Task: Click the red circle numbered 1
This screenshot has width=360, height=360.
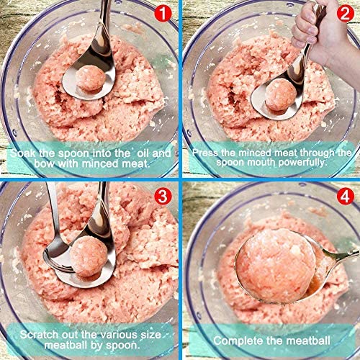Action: coord(163,13)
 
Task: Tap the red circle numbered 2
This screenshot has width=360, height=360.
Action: coord(345,13)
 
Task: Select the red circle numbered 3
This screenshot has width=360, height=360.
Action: coord(163,196)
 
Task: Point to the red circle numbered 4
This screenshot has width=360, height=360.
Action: coord(345,196)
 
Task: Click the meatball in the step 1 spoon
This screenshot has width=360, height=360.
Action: coord(90,78)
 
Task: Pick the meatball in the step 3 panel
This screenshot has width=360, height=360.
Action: coord(89,256)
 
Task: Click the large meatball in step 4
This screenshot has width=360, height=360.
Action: coord(276,266)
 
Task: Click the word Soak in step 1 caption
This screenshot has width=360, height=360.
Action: coord(23,153)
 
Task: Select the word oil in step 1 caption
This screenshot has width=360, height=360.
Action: coord(143,153)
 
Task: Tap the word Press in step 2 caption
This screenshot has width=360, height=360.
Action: coord(206,153)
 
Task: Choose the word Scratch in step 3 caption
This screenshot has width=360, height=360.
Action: coord(39,335)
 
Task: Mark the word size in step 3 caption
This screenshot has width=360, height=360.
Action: coord(150,335)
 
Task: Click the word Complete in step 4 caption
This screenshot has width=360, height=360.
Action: coord(238,341)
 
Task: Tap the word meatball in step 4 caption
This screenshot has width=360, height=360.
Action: coord(308,341)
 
